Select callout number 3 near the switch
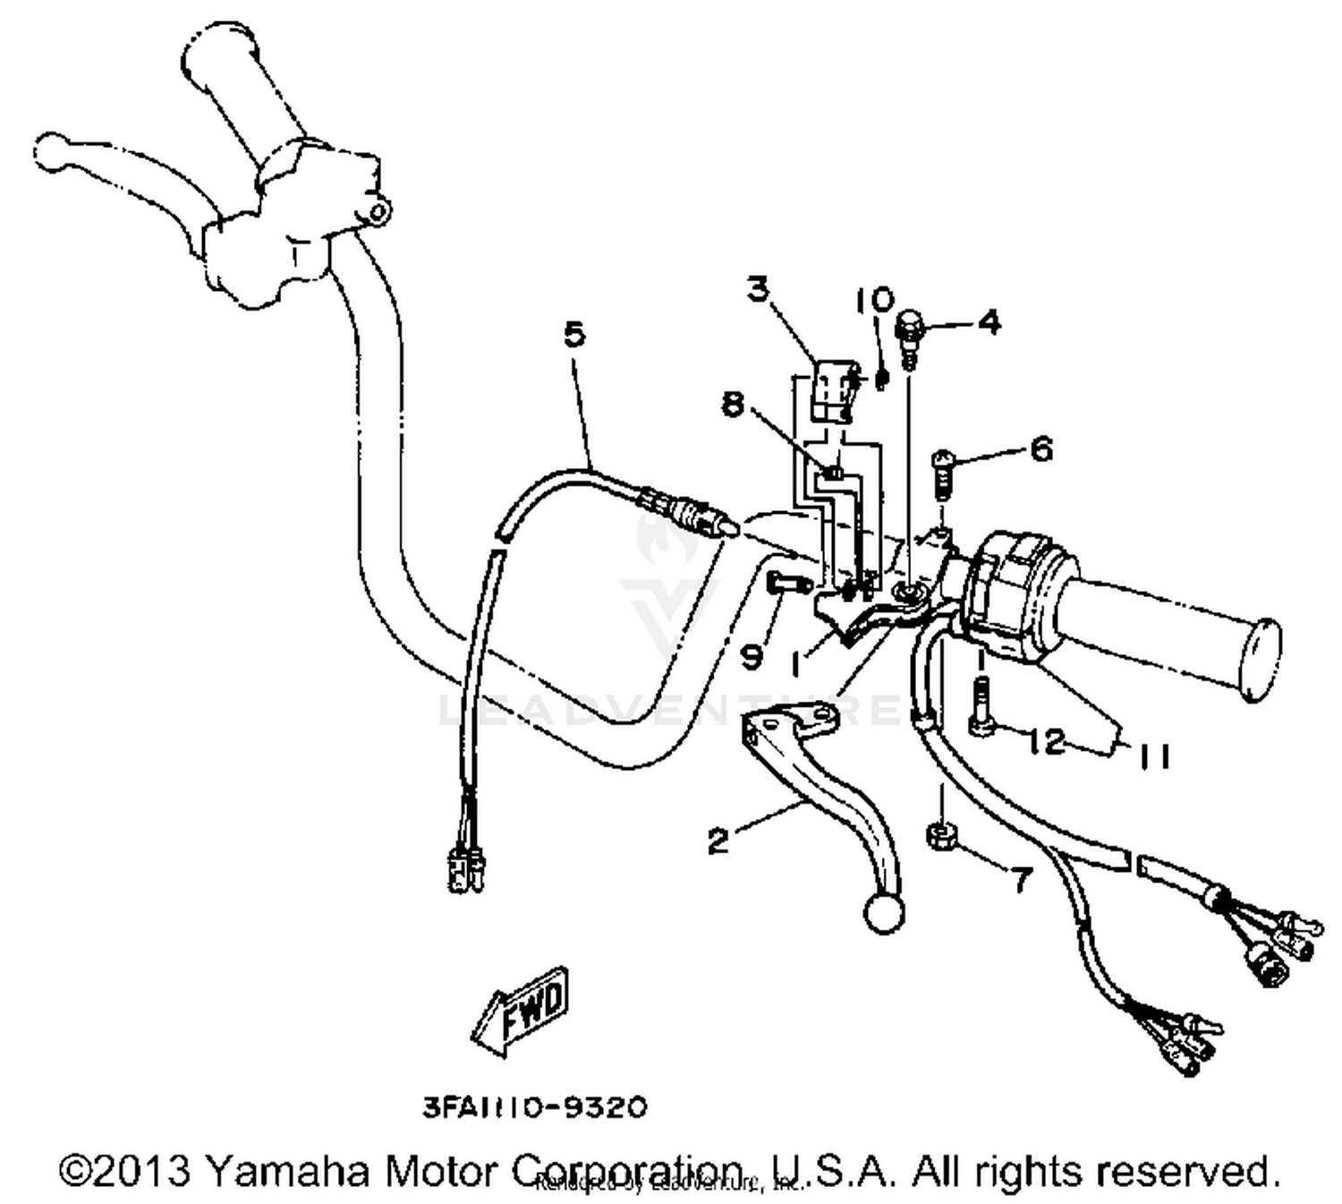coord(758,289)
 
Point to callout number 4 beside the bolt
coord(989,321)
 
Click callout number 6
coord(1041,448)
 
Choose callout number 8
coord(733,405)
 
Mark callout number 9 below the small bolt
coord(752,657)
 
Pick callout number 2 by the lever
coord(718,841)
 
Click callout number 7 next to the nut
coord(1021,879)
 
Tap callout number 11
coord(1154,756)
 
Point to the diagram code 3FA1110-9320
coord(534,1107)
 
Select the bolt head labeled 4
coord(908,326)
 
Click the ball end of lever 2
coord(883,913)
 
